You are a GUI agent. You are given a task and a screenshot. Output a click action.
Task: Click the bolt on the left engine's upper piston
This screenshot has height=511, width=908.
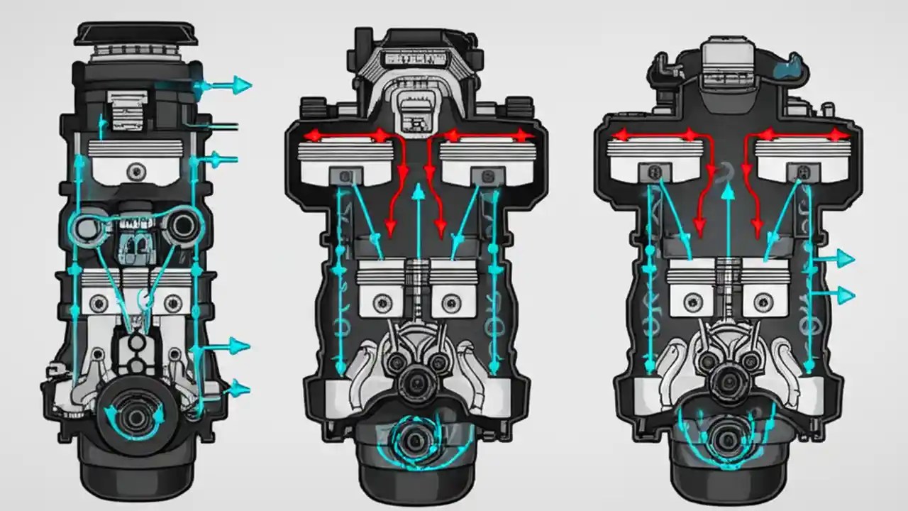(x=135, y=170)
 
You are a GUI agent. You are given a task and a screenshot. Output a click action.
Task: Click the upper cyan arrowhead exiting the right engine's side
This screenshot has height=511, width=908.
(x=845, y=259)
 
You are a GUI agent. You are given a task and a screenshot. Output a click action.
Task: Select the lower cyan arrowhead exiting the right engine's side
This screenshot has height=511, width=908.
(x=845, y=294)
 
